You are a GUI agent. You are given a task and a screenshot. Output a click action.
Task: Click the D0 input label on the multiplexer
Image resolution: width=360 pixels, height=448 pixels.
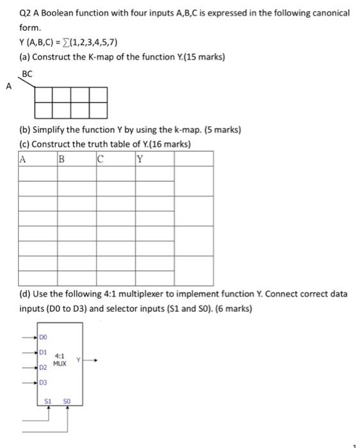43,335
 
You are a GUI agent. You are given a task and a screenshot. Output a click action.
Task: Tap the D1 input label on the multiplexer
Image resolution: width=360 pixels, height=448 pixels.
43,351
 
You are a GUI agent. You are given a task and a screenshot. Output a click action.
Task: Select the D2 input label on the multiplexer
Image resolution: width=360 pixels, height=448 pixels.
43,368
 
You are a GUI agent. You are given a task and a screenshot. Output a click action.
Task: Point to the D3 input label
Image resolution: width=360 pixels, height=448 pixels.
43,383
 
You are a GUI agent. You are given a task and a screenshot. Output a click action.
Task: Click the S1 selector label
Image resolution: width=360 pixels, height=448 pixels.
48,401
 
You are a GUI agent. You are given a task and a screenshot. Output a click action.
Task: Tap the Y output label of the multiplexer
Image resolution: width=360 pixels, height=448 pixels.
79,358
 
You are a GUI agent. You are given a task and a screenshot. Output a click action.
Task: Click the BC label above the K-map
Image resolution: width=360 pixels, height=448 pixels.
28,74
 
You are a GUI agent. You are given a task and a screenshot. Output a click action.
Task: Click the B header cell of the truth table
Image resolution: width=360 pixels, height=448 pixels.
61,160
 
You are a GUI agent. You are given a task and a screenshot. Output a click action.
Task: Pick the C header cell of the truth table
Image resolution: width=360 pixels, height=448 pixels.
100,160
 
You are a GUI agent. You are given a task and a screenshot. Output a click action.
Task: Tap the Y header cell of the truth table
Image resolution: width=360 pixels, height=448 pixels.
140,160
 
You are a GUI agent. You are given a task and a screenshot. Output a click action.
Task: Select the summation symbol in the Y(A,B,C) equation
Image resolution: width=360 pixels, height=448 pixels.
78,43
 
